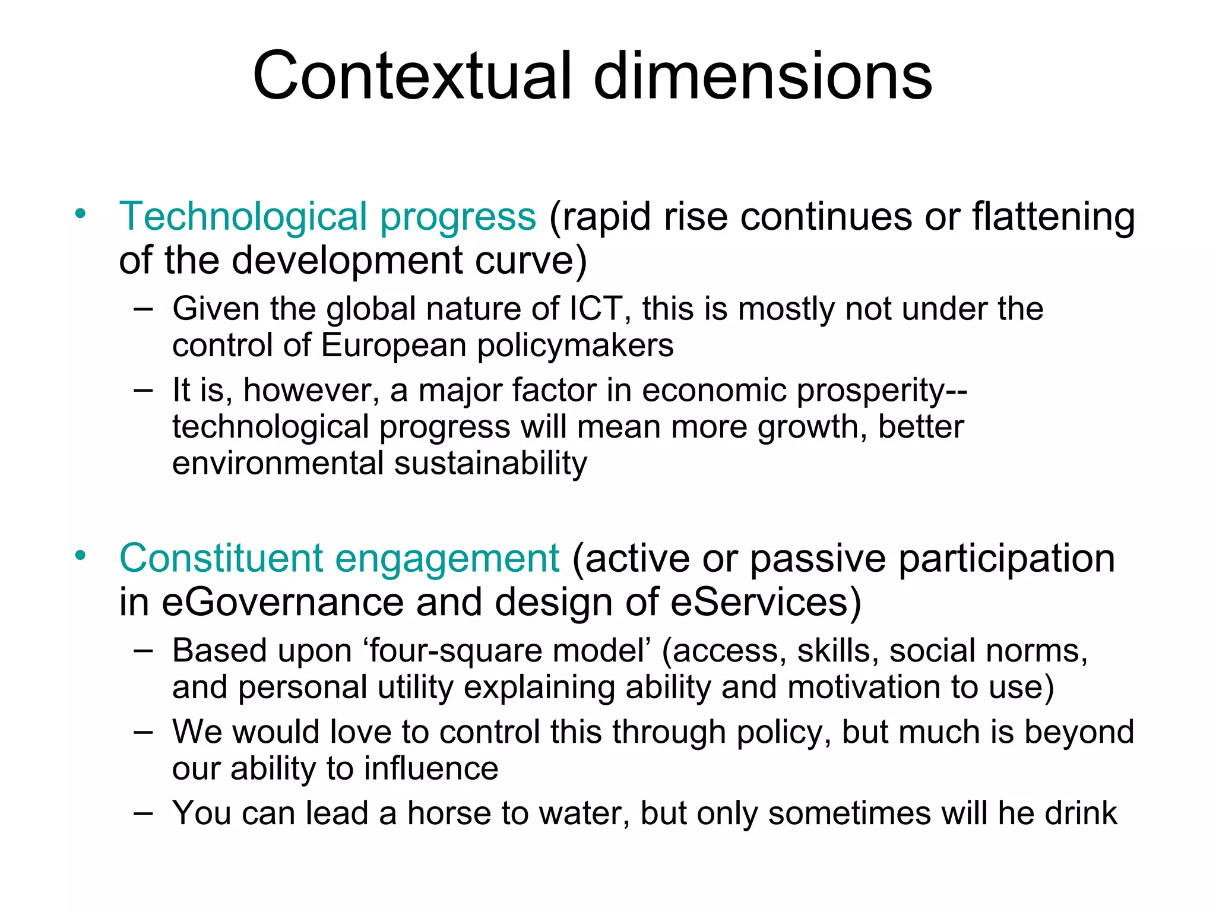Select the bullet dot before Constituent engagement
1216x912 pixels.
coord(80,556)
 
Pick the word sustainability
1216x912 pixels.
coord(490,463)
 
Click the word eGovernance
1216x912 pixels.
coord(283,603)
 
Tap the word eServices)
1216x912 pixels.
coord(765,602)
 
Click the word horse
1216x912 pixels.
coord(449,813)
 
